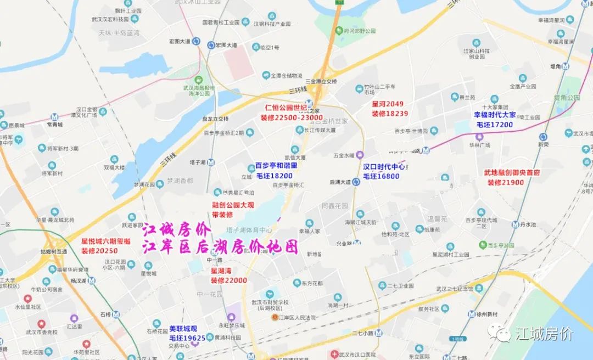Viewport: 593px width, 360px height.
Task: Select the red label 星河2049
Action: tap(387, 104)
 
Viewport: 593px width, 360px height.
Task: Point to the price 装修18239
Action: tap(389, 114)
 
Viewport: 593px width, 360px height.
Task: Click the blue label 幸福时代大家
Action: tap(495, 115)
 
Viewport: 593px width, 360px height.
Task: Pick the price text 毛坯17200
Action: tap(495, 125)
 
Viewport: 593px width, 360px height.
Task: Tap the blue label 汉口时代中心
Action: tap(384, 167)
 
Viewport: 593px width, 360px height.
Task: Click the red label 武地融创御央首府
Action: tap(512, 172)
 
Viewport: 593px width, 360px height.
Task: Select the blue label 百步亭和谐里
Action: tap(276, 165)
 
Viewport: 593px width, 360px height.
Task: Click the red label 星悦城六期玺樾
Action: tap(105, 241)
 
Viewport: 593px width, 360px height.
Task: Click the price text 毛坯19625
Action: tap(187, 338)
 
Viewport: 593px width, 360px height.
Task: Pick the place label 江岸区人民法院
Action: tap(296, 318)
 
